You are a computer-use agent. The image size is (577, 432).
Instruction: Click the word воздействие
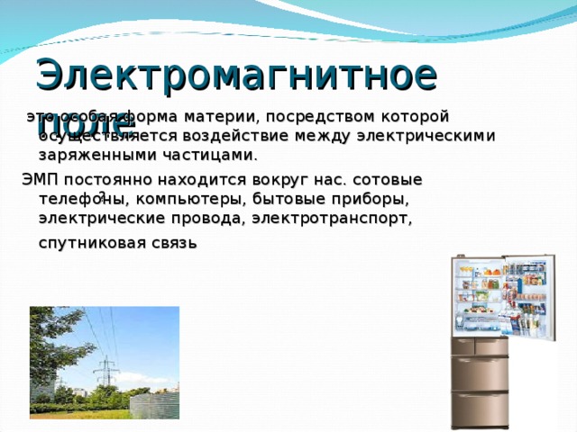[257, 136]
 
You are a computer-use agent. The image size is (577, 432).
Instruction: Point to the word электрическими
[425, 136]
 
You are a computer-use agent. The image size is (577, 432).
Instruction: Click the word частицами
[199, 155]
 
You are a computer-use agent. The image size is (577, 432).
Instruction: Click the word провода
[209, 218]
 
